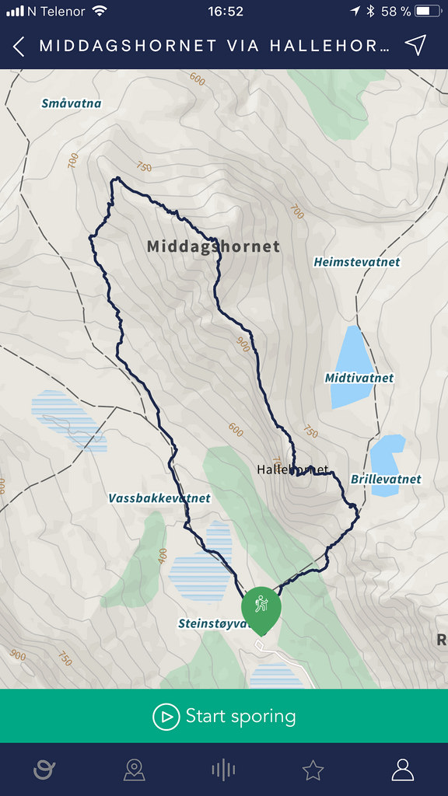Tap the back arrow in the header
[19, 46]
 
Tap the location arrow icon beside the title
[417, 45]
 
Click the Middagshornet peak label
[213, 246]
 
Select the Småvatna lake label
[72, 103]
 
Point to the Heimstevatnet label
[356, 262]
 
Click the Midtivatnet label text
[359, 378]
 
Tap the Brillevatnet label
[386, 479]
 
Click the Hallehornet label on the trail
[292, 470]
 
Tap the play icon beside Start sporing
[166, 716]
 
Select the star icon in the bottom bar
[313, 770]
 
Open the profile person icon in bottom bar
[403, 770]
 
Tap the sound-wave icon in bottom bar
[223, 770]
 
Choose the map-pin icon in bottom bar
[135, 770]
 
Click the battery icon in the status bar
[428, 11]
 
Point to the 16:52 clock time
[226, 11]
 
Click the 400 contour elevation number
[163, 556]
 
